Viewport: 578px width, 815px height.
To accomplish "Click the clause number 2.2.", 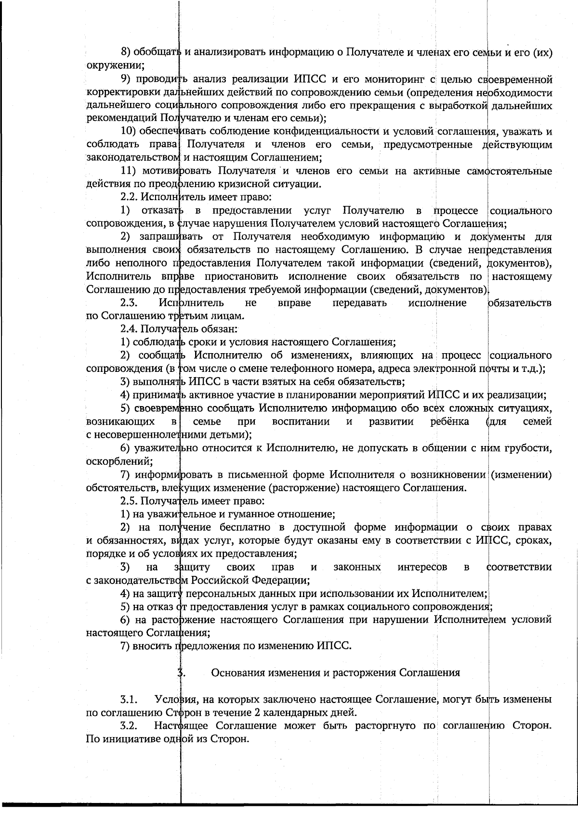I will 129,197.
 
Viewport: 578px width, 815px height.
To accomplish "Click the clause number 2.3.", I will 129,303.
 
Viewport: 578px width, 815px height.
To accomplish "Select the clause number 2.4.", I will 129,329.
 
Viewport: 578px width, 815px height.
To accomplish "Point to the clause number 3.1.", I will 129,699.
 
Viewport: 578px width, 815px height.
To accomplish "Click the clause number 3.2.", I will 129,725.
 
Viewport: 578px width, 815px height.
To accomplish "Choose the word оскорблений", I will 116,462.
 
